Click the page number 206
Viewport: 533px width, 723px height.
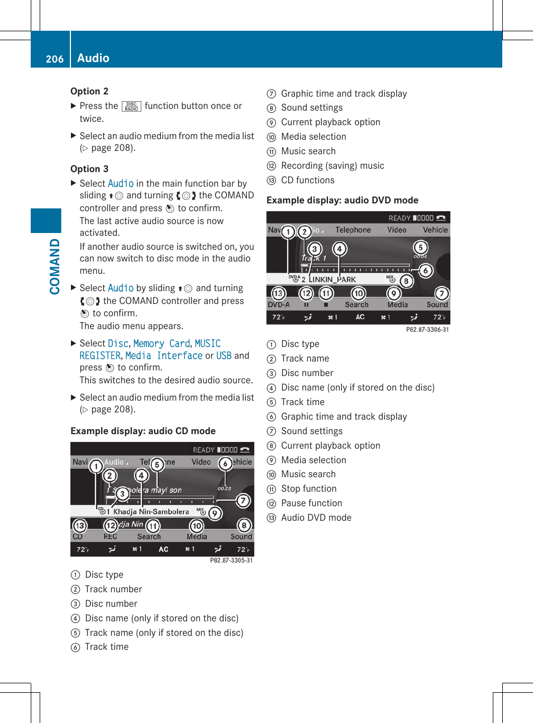tap(54, 59)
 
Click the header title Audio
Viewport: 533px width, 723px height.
tap(93, 58)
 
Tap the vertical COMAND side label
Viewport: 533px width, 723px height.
tap(54, 267)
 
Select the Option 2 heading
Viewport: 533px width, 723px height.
tap(89, 91)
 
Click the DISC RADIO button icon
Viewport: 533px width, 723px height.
tap(131, 106)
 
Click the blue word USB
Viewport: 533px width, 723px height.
tap(223, 356)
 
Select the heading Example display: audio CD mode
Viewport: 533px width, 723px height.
tap(143, 431)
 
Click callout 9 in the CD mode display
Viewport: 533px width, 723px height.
tap(215, 513)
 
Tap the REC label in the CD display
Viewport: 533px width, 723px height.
tap(110, 536)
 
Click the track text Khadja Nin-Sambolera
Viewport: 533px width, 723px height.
tap(151, 512)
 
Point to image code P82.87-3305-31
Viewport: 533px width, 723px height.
tap(231, 560)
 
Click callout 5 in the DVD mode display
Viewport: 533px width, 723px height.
tap(420, 247)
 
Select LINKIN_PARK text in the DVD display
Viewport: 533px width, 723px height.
tap(332, 279)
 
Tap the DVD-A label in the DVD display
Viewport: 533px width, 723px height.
tap(278, 305)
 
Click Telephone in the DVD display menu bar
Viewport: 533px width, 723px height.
tap(353, 230)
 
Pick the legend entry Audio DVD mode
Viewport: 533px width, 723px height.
tap(316, 517)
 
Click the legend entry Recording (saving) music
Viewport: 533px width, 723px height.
tap(332, 165)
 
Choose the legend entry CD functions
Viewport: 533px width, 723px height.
tap(307, 180)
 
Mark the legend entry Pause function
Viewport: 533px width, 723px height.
tap(311, 503)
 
